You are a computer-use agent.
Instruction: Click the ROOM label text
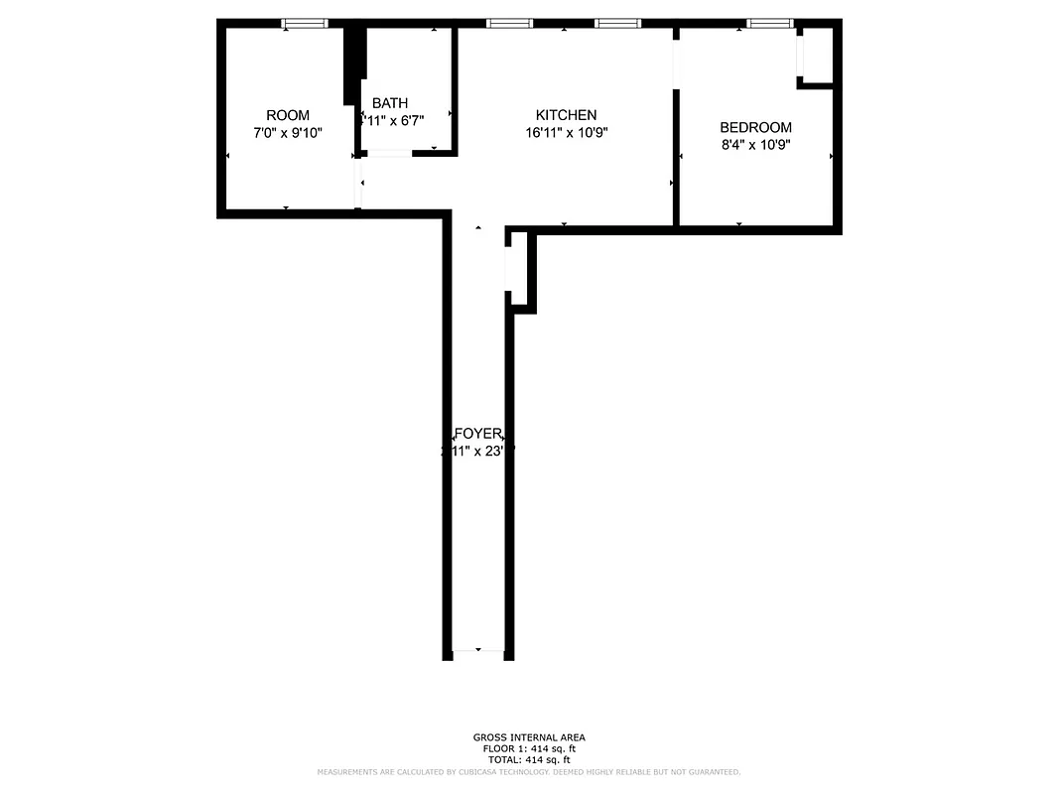[288, 115]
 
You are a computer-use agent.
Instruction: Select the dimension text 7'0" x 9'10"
[288, 132]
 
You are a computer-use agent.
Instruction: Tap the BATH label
[389, 103]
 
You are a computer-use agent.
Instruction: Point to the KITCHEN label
[566, 115]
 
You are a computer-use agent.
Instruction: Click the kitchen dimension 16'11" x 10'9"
[566, 132]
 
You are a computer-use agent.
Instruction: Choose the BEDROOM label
[755, 127]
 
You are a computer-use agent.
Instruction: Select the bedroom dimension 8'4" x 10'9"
[755, 144]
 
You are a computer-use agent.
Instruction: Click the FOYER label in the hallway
[477, 434]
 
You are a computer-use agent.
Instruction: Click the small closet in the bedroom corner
[817, 56]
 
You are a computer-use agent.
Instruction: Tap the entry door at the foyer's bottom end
[478, 651]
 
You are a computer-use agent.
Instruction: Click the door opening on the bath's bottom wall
[390, 153]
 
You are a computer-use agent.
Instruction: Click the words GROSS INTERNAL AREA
[528, 737]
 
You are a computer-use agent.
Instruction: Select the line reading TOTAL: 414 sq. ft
[528, 759]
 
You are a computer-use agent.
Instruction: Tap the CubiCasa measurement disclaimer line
[528, 772]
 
